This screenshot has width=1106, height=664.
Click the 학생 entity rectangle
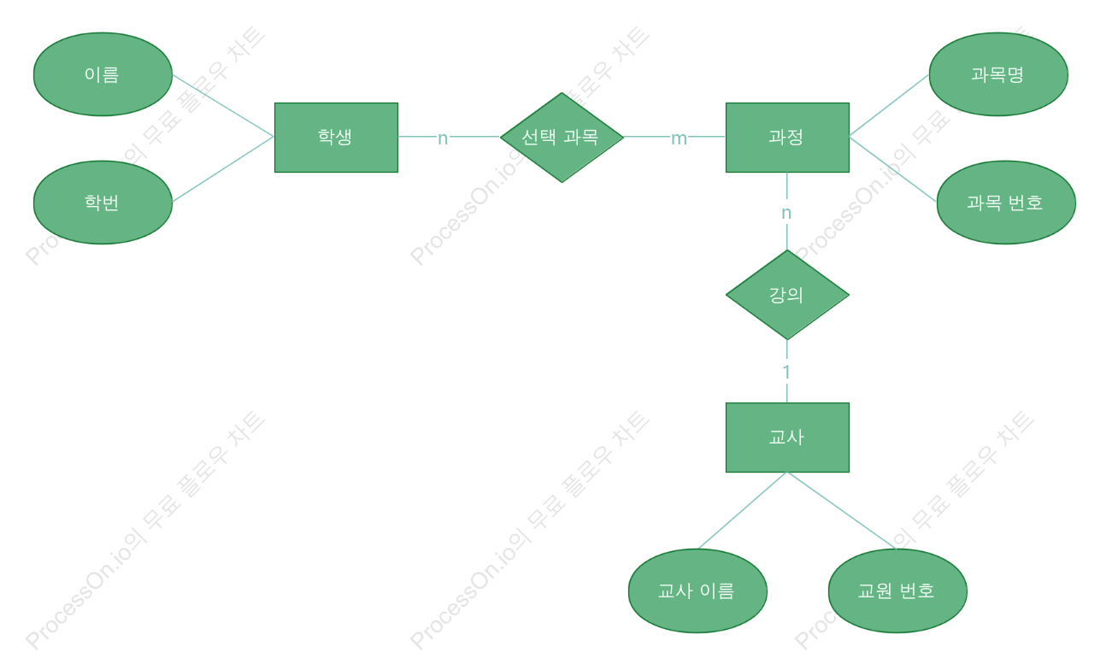coord(336,138)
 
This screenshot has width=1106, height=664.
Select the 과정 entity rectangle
coord(787,138)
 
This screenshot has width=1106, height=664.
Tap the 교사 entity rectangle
coord(787,438)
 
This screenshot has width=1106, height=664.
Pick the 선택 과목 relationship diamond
coord(562,138)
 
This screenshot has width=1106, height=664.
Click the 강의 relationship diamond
coord(787,295)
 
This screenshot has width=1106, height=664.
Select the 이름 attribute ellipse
coord(103,74)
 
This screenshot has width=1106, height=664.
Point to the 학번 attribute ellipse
coord(103,203)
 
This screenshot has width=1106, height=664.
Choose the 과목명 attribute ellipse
coord(998,74)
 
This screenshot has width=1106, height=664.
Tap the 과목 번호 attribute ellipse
coord(1006,203)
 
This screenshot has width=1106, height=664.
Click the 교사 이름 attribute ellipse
coord(697,591)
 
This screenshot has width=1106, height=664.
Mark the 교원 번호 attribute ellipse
coord(897,591)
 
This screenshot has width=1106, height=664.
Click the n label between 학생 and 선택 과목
coord(443,138)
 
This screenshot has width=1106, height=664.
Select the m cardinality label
coord(679,138)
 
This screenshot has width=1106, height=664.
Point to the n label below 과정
coord(786,213)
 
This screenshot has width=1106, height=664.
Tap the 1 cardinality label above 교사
coord(786,372)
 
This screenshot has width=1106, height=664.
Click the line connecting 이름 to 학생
coord(223,105)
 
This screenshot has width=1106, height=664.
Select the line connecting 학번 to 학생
coord(223,169)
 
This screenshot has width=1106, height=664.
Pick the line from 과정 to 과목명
coord(889,105)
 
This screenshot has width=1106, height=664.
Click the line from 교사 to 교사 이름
coord(743,510)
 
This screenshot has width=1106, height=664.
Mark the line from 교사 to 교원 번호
coord(842,510)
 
